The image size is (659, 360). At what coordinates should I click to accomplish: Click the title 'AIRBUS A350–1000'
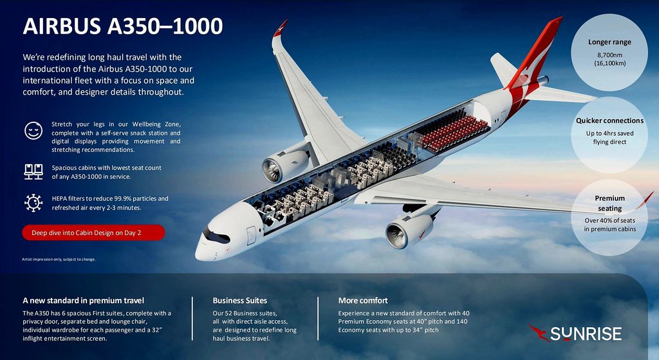coord(123,26)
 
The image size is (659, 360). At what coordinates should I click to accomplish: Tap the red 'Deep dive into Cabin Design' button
coord(93,232)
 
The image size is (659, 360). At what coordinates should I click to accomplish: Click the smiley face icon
coord(33,131)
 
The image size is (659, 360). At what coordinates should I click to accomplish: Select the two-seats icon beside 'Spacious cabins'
coord(33,171)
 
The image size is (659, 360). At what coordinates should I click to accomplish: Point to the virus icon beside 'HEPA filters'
coord(33,203)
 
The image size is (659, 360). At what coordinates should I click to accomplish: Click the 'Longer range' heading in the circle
coord(609,42)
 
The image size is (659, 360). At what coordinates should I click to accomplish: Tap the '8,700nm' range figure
coord(610,55)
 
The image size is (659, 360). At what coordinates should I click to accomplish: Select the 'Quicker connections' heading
coord(610,120)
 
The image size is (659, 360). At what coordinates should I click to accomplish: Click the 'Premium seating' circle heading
coord(610,203)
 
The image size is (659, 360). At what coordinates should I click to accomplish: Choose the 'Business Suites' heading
coord(239,301)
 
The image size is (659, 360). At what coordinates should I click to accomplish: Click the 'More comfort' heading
coord(363,301)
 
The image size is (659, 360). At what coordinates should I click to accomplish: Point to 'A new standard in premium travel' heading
coord(83,301)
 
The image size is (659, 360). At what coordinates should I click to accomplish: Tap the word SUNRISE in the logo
coord(586,334)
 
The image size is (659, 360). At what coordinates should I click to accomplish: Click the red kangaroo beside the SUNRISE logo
coord(539,332)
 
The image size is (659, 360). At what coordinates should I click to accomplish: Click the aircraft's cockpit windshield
coord(216,236)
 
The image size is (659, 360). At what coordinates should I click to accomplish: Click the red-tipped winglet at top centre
coord(280,28)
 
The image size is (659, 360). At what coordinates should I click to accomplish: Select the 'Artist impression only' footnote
coord(59,260)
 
